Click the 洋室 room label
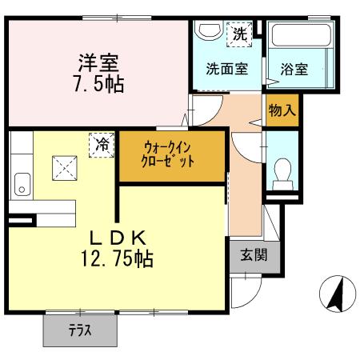(x=98, y=63)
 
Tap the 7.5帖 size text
(x=99, y=84)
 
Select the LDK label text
(x=118, y=238)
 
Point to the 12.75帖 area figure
(x=117, y=258)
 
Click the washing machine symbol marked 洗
(x=239, y=34)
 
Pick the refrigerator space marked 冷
(x=102, y=145)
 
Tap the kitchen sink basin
(x=22, y=184)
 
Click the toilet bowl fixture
(x=282, y=174)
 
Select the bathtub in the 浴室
(x=301, y=35)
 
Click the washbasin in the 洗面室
(x=209, y=30)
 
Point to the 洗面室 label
(x=227, y=69)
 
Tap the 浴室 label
(x=294, y=70)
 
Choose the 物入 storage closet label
(x=282, y=110)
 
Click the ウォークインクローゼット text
(x=167, y=154)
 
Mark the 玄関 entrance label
(x=254, y=255)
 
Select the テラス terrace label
(x=80, y=330)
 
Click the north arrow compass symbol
(x=338, y=294)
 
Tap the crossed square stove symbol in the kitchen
(x=65, y=168)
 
